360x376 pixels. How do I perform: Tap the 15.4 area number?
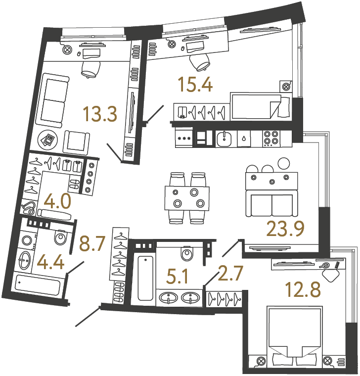tap(196, 85)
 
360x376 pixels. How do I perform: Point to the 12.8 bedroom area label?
tap(303, 289)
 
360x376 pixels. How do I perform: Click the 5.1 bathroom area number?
tap(177, 276)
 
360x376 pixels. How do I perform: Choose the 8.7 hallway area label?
tap(92, 244)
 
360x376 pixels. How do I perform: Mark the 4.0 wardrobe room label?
tap(57, 202)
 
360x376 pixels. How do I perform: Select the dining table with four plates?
tap(185, 197)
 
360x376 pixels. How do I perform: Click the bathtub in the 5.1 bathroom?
tap(145, 278)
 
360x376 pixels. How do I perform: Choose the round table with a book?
tap(49, 140)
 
